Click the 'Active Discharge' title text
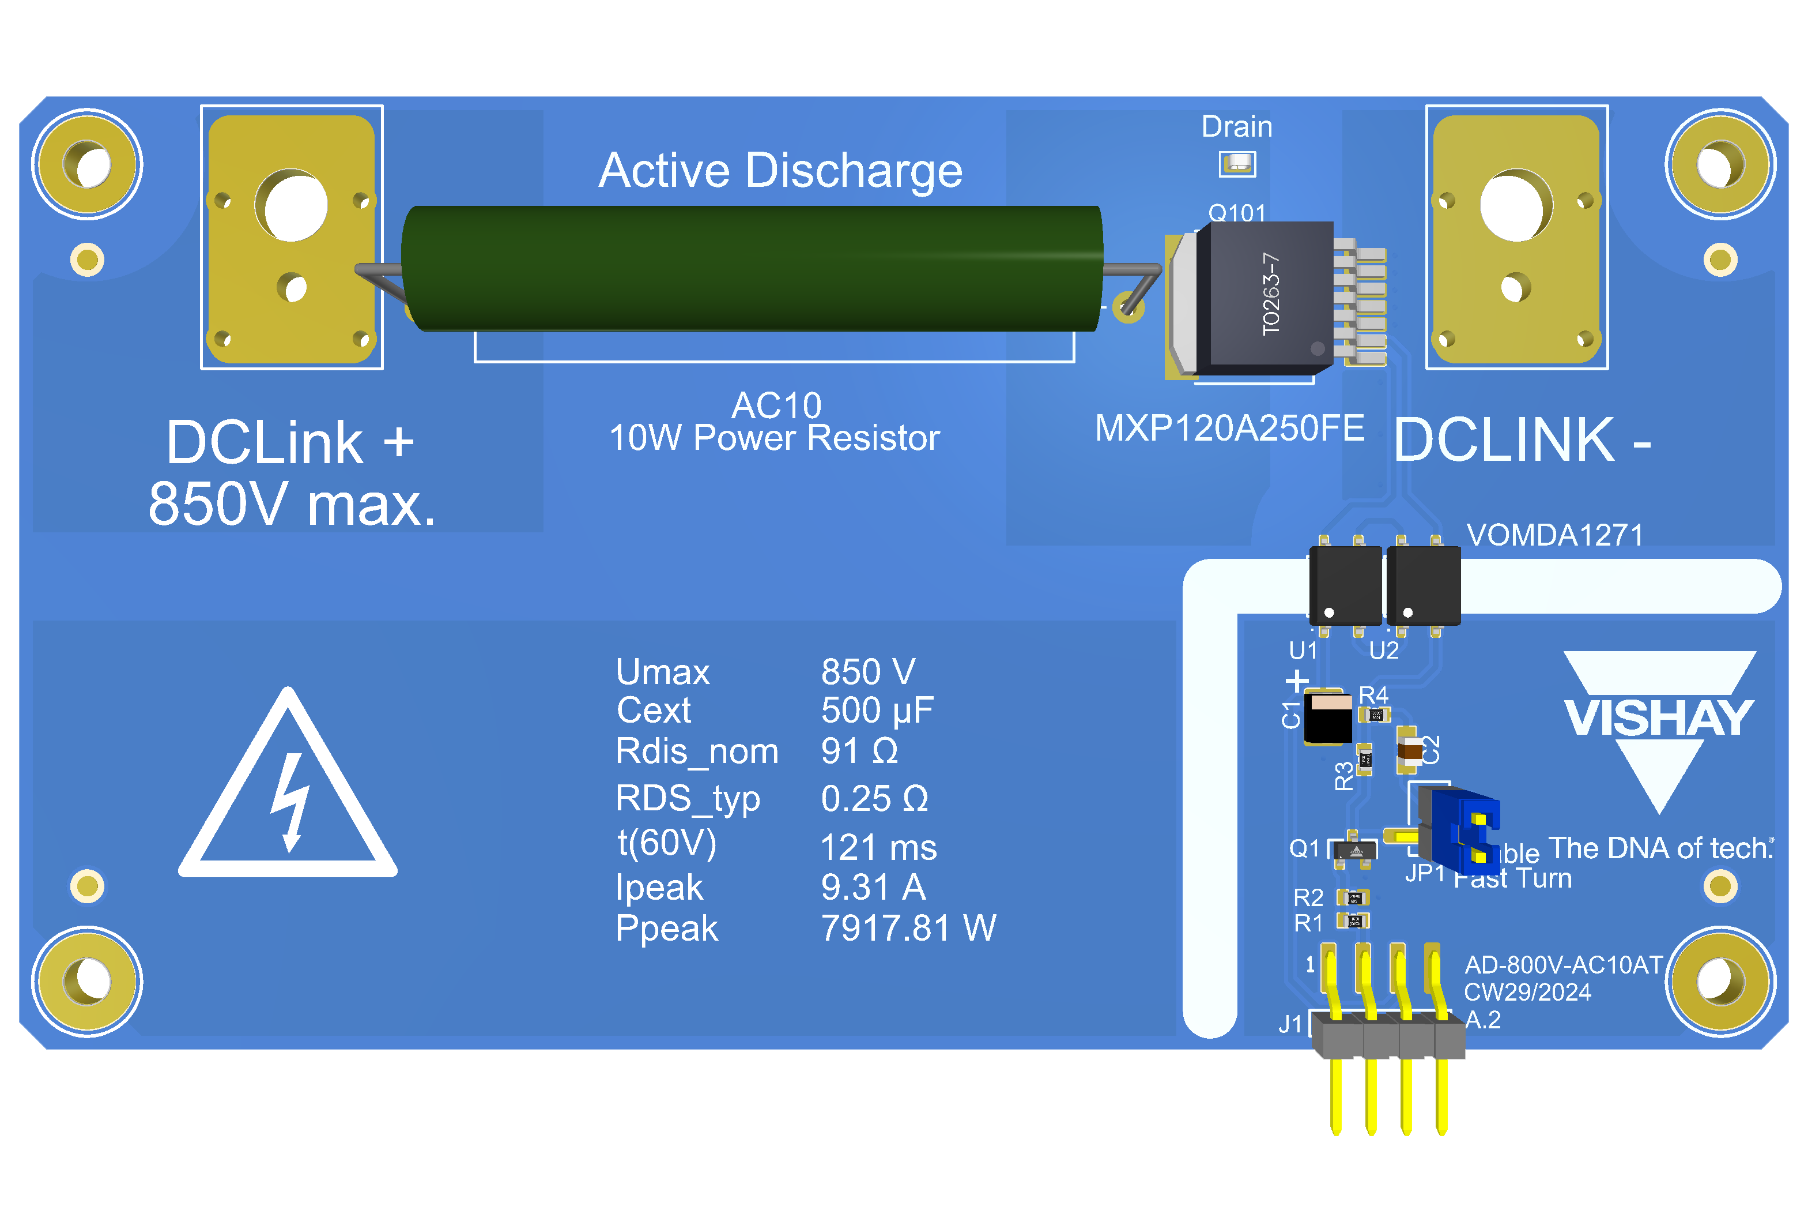pyautogui.click(x=780, y=171)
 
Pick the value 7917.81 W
pyautogui.click(x=908, y=929)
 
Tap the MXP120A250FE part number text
pyautogui.click(x=1229, y=428)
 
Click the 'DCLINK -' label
pyautogui.click(x=1521, y=441)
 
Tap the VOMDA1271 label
pyautogui.click(x=1554, y=535)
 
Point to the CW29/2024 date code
pyautogui.click(x=1527, y=993)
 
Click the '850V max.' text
pyautogui.click(x=292, y=504)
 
